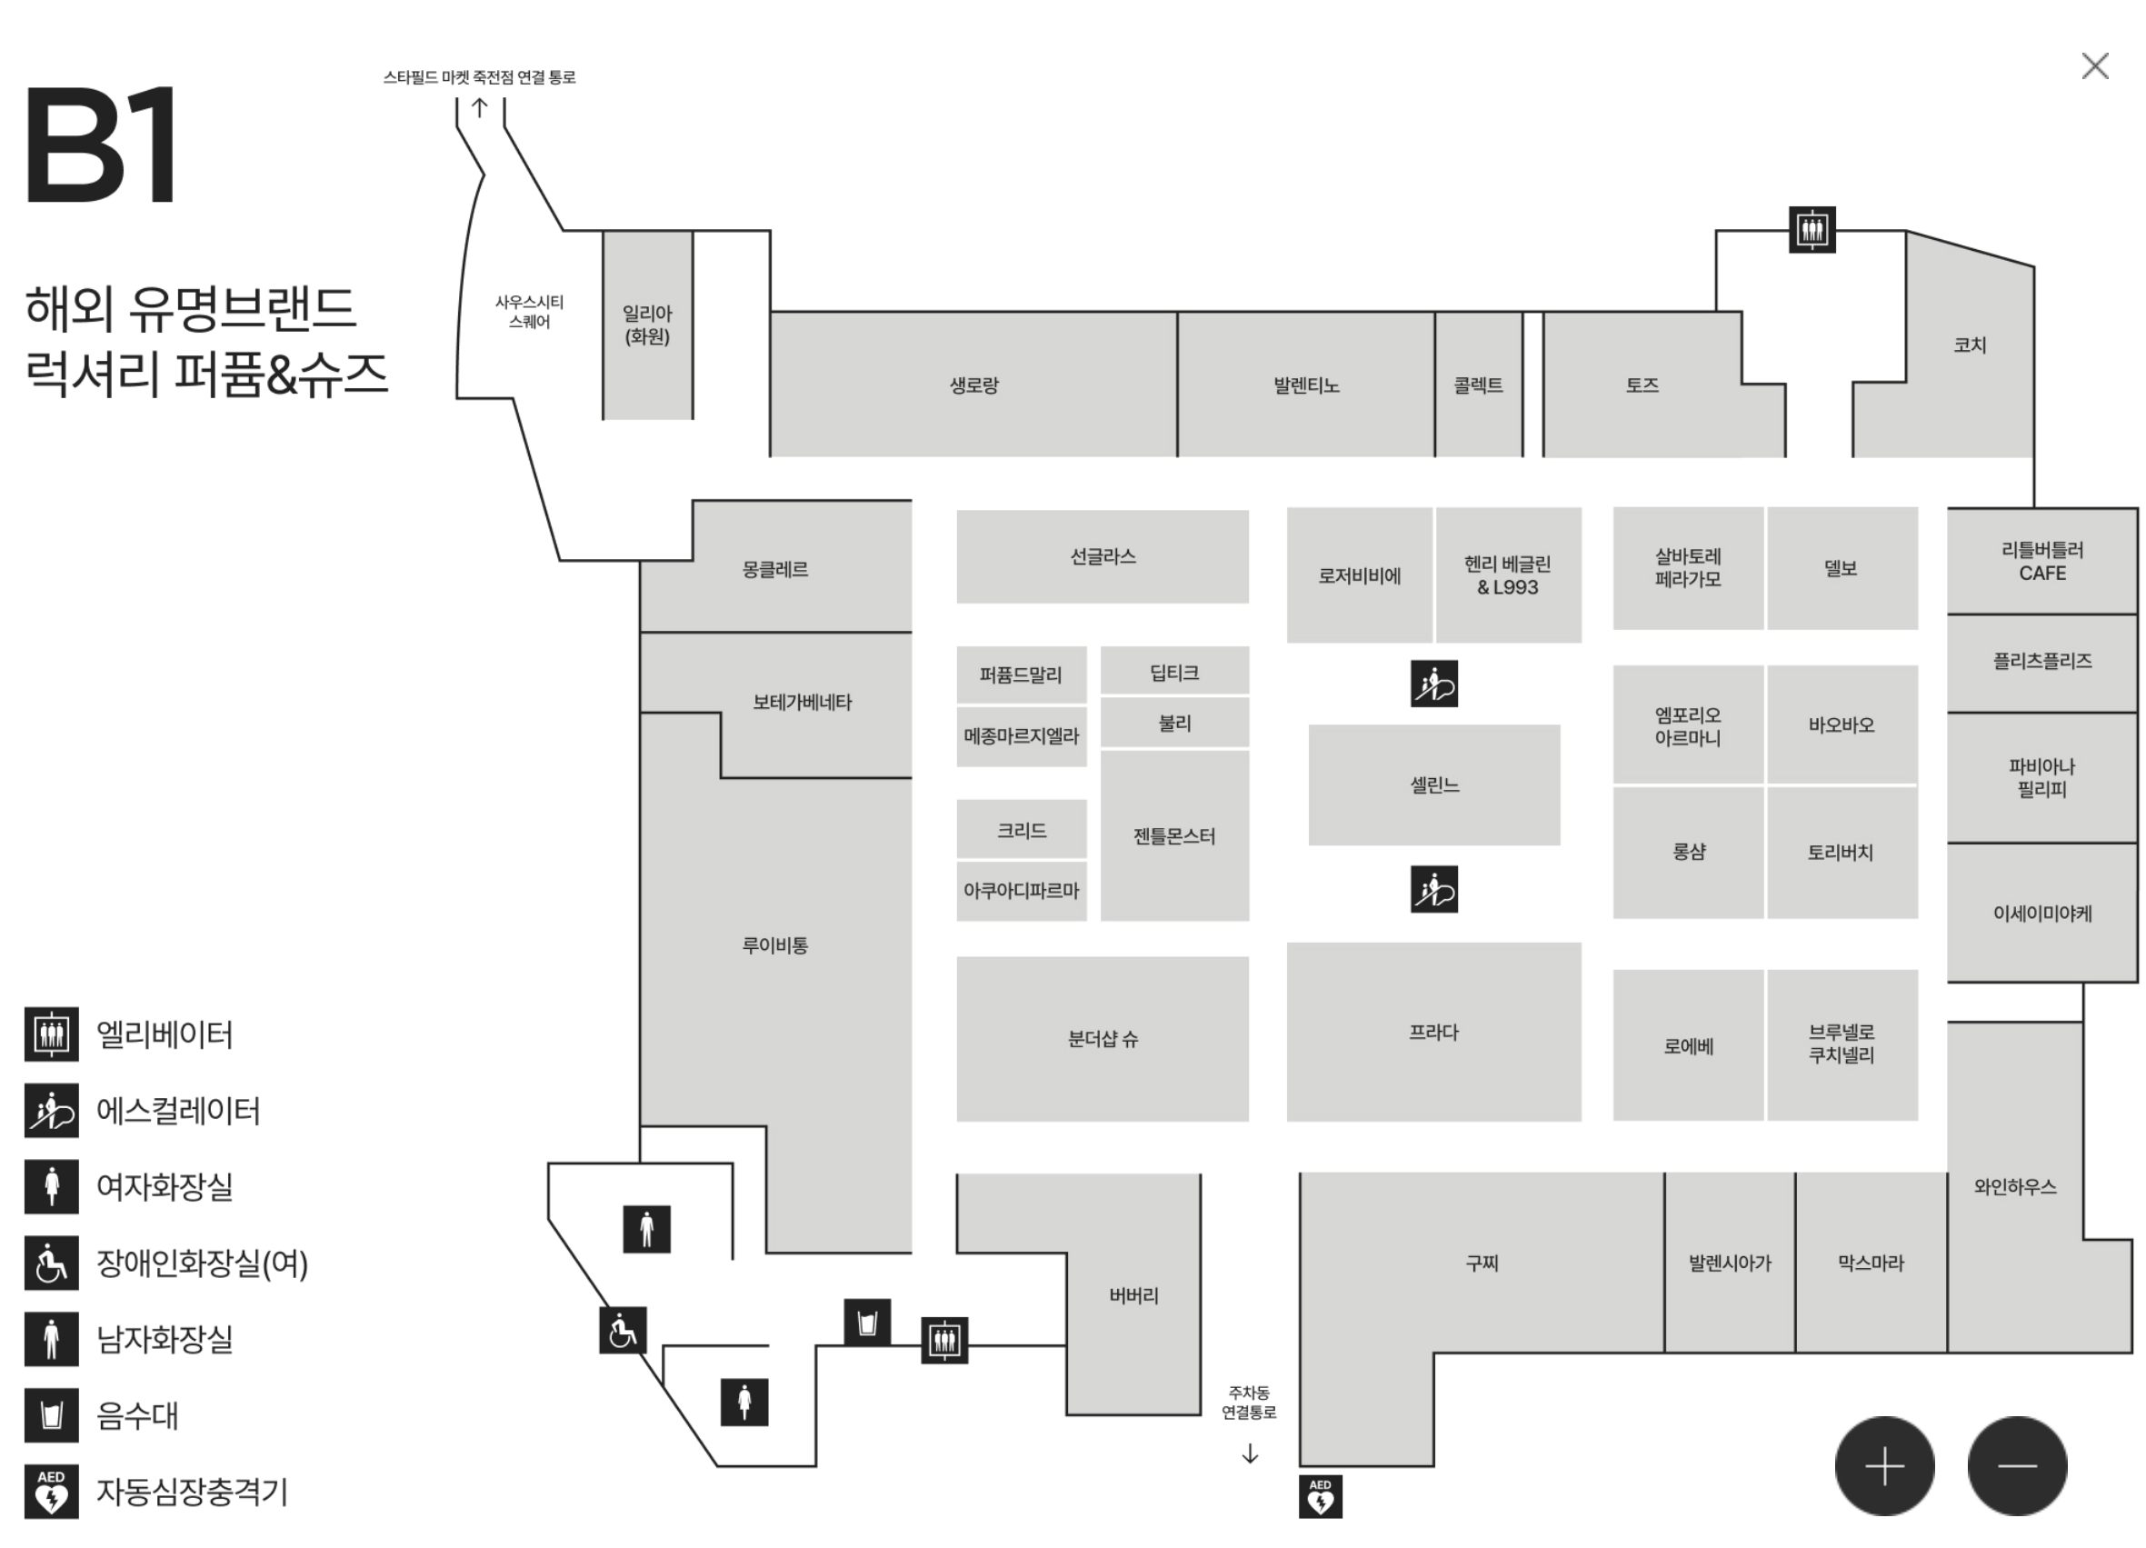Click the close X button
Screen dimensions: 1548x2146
(x=2095, y=66)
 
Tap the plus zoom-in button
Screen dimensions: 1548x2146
(x=1884, y=1465)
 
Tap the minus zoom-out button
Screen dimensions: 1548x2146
(x=2016, y=1465)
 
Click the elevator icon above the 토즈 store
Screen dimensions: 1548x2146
(x=1811, y=230)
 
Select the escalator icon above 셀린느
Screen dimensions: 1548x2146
(x=1433, y=684)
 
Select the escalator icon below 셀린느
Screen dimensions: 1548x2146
(x=1433, y=889)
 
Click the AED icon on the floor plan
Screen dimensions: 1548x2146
(x=1320, y=1496)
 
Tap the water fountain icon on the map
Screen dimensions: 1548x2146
(x=867, y=1322)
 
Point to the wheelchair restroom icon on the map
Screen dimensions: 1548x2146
(x=623, y=1331)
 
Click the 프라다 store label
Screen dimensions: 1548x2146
(x=1433, y=1033)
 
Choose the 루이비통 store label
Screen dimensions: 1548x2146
(x=775, y=945)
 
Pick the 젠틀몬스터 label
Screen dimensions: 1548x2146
(x=1174, y=836)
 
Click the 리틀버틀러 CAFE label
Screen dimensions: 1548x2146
(x=2041, y=561)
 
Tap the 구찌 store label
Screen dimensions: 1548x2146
(x=1482, y=1263)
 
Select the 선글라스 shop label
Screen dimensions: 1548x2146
(x=1103, y=556)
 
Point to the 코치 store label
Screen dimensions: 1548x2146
(x=1970, y=345)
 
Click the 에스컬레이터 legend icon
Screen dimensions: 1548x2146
(x=52, y=1111)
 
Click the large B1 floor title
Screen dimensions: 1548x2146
(x=101, y=144)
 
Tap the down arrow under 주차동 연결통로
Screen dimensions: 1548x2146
(x=1249, y=1453)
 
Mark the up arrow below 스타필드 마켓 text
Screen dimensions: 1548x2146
(x=480, y=108)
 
